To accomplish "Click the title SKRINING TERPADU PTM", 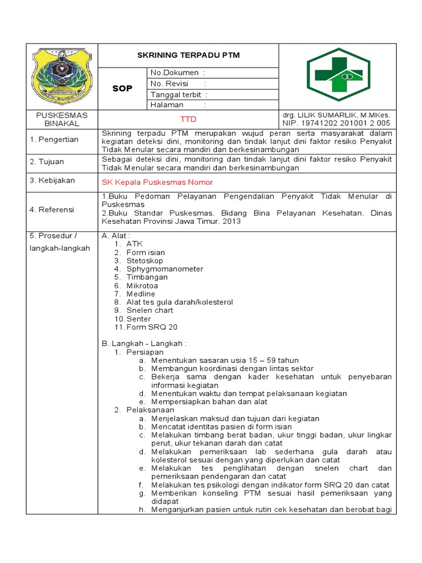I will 188,56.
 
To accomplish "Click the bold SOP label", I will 122,89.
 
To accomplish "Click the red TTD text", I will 188,119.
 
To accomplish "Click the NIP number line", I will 336,123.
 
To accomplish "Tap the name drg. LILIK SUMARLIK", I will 336,115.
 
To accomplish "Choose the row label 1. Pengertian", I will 54,140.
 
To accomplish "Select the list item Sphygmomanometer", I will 164,269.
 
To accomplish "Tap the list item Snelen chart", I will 149,310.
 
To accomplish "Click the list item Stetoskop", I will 145,261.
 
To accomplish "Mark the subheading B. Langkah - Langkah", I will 144,344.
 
